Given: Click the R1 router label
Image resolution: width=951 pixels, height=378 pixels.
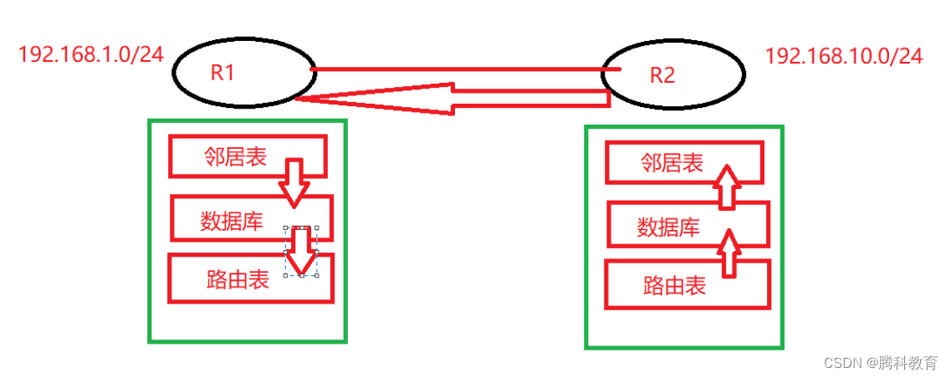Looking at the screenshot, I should coord(222,72).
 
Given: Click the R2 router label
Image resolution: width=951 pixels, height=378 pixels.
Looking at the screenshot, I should coord(662,75).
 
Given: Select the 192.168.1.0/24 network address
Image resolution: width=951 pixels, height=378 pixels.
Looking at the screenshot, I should coord(90,56).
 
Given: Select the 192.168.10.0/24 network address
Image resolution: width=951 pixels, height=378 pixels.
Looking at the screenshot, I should coord(844,56).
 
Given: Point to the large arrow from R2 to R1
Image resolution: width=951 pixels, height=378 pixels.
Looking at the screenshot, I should coord(452,97).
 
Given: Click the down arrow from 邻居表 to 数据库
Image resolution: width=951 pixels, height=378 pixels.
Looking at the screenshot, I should coord(294,182).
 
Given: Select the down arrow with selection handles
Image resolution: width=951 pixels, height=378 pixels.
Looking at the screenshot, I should coord(302,250).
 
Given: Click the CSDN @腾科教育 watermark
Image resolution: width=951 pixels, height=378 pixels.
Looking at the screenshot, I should coord(881,363).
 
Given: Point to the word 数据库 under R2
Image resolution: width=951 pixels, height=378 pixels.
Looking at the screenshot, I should coord(667,227).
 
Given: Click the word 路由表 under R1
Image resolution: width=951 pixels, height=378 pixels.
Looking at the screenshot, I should coord(238,279).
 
